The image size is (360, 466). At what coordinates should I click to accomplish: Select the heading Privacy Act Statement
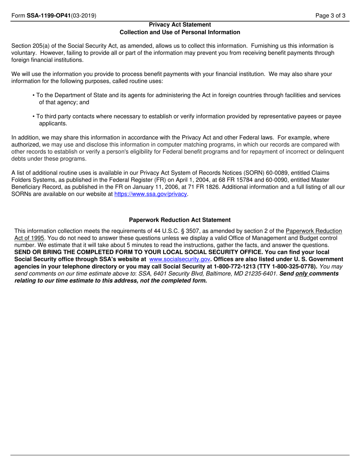point(180,25)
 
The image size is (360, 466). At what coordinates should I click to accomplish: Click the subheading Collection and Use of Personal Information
point(180,32)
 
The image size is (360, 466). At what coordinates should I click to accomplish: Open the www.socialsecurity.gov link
point(180,259)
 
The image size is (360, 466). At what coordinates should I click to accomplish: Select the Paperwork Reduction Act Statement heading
point(180,220)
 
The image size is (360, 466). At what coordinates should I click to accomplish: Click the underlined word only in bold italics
point(302,274)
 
